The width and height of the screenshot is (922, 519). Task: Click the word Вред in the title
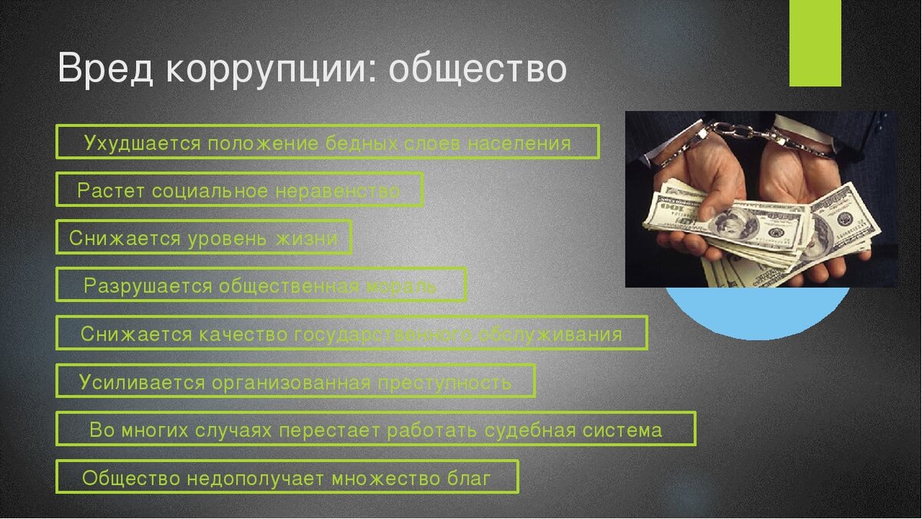click(x=106, y=68)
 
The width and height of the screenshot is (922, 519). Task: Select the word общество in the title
click(x=478, y=68)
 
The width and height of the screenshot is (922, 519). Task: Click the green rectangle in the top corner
click(x=815, y=43)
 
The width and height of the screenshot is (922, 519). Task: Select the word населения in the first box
click(x=519, y=144)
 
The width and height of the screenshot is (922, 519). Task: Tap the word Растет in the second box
click(x=111, y=191)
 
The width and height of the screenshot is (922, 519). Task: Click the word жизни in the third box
click(x=307, y=239)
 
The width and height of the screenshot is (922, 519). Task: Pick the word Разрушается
click(x=148, y=286)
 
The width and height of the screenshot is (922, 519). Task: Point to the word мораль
click(x=401, y=287)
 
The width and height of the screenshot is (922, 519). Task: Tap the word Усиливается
click(x=142, y=382)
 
